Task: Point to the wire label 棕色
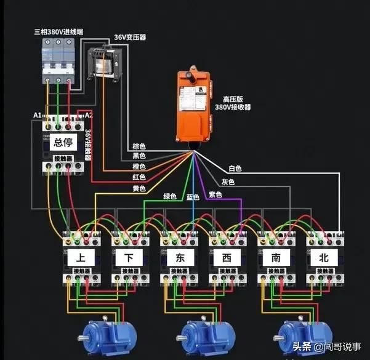point(139,146)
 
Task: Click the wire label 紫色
point(215,194)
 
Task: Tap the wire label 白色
point(235,168)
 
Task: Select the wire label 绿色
point(171,196)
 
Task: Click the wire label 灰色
point(228,182)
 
